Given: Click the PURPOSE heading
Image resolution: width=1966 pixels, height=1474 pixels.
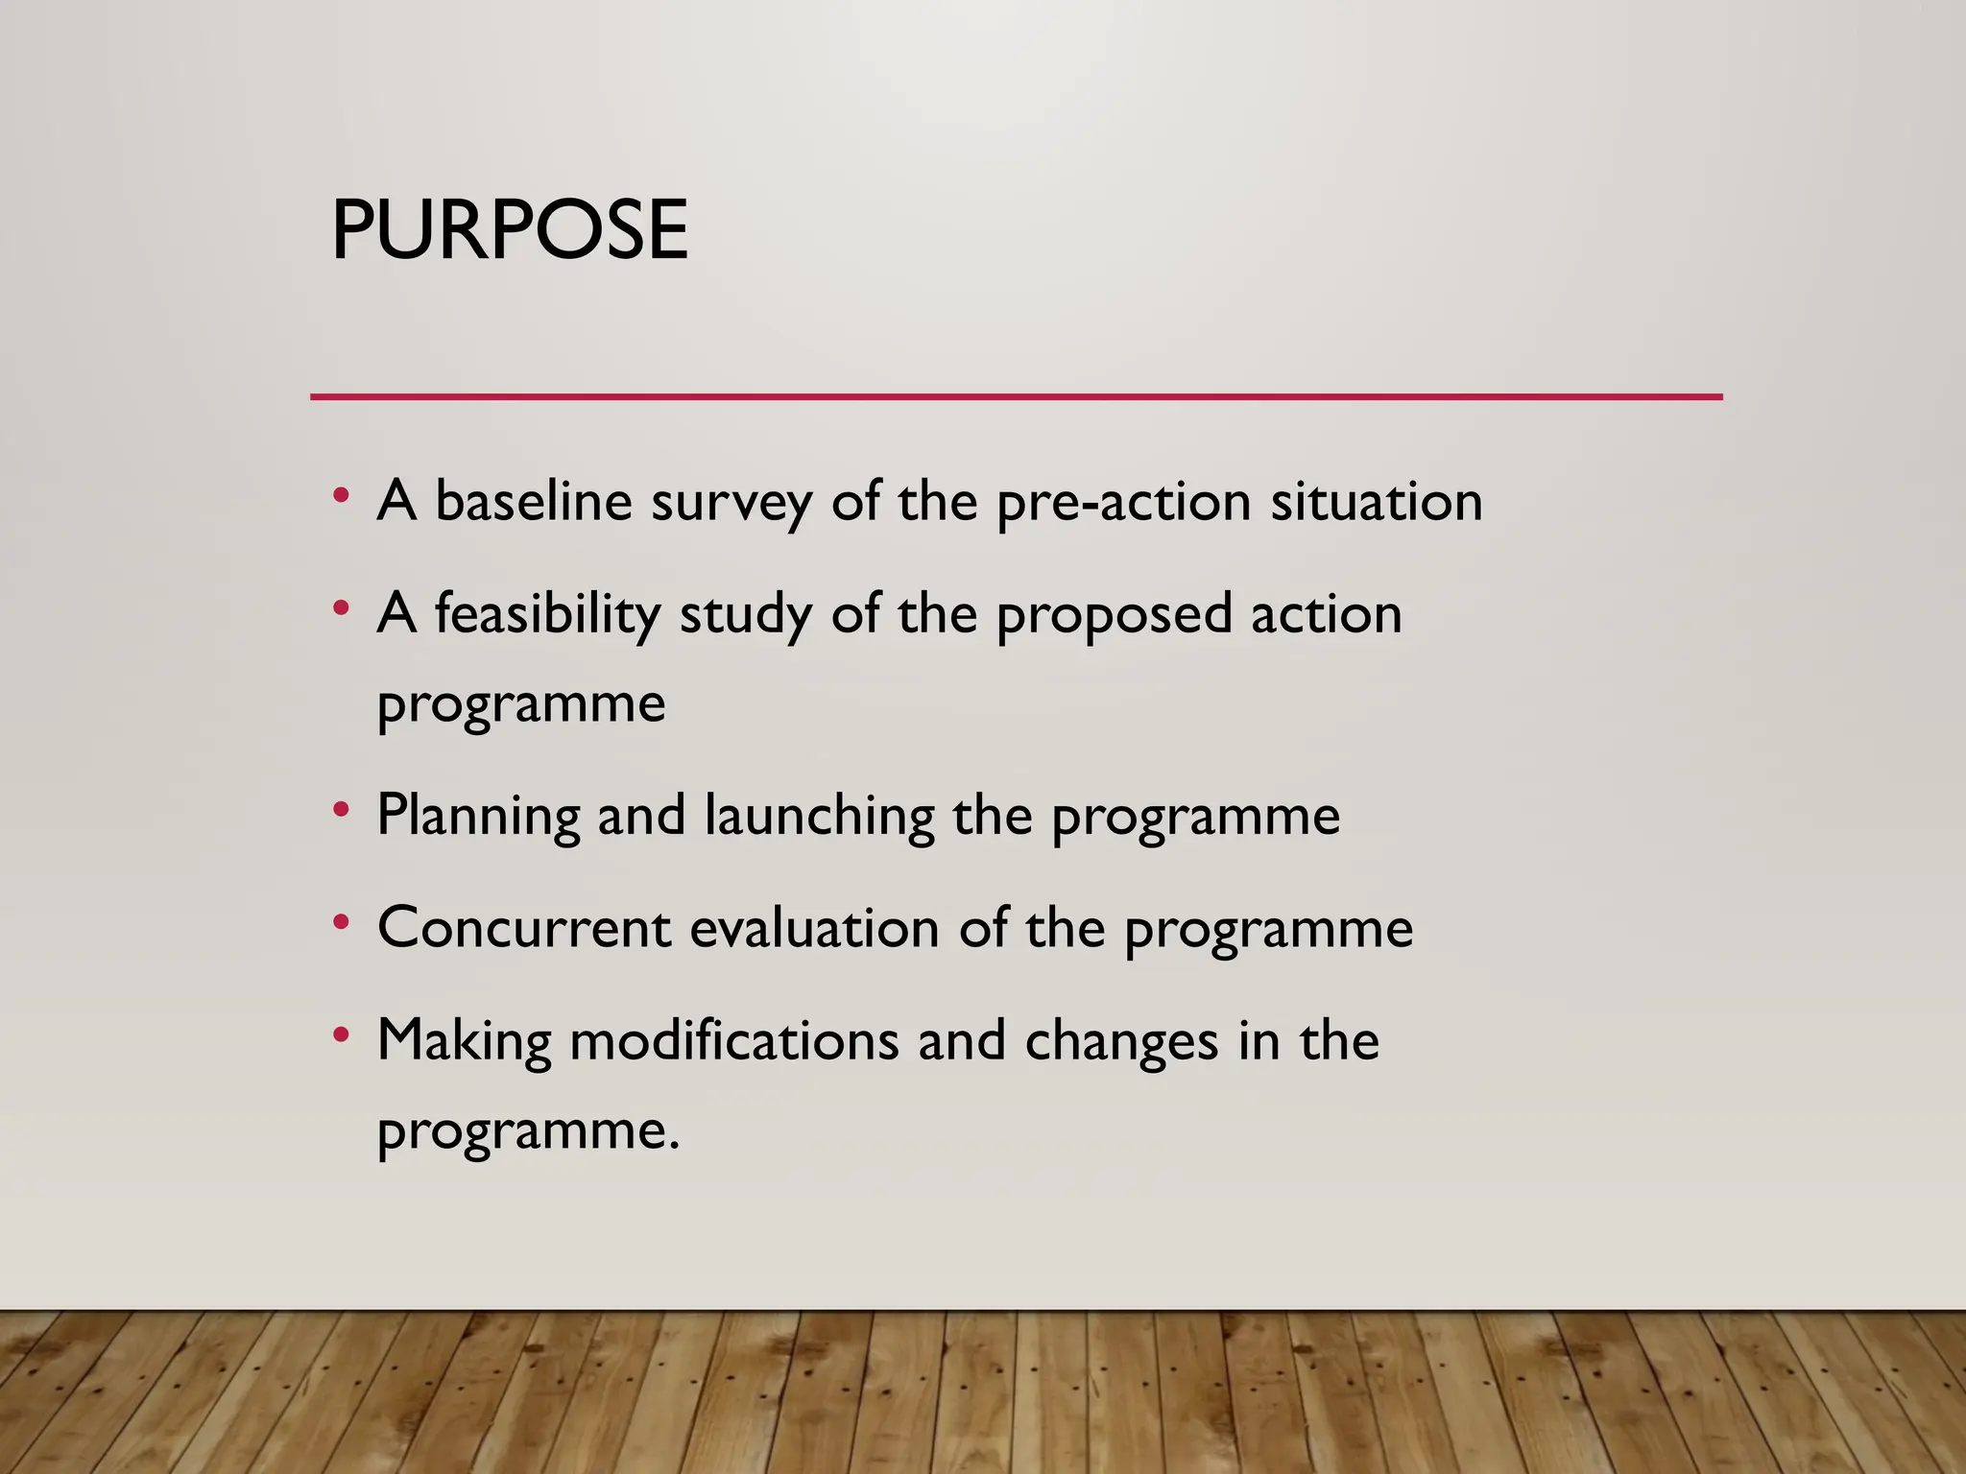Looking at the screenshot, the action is click(509, 230).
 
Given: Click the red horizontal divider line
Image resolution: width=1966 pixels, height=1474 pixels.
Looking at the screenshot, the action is click(1016, 396).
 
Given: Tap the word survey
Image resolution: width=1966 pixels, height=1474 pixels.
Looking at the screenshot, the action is click(731, 503).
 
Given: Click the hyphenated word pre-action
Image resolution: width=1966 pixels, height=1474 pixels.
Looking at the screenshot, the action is click(1123, 503).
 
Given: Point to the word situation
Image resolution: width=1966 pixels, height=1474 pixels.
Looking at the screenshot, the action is click(1377, 501).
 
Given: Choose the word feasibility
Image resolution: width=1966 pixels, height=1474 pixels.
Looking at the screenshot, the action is click(547, 614).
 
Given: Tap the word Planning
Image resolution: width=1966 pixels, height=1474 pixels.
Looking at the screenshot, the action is click(478, 817).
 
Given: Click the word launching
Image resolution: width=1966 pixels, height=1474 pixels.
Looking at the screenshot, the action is click(819, 817).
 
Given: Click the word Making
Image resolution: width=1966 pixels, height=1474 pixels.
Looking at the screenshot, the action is click(464, 1041).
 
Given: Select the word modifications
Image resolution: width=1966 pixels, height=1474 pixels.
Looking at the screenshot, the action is click(734, 1040).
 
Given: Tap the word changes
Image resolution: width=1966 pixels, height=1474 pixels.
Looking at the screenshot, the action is click(1121, 1042).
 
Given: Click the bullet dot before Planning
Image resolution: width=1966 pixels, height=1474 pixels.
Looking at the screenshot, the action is click(340, 810).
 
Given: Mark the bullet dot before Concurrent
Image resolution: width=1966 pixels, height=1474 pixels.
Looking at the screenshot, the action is click(340, 923).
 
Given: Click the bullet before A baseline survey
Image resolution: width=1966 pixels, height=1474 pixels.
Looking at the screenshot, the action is click(340, 496).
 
